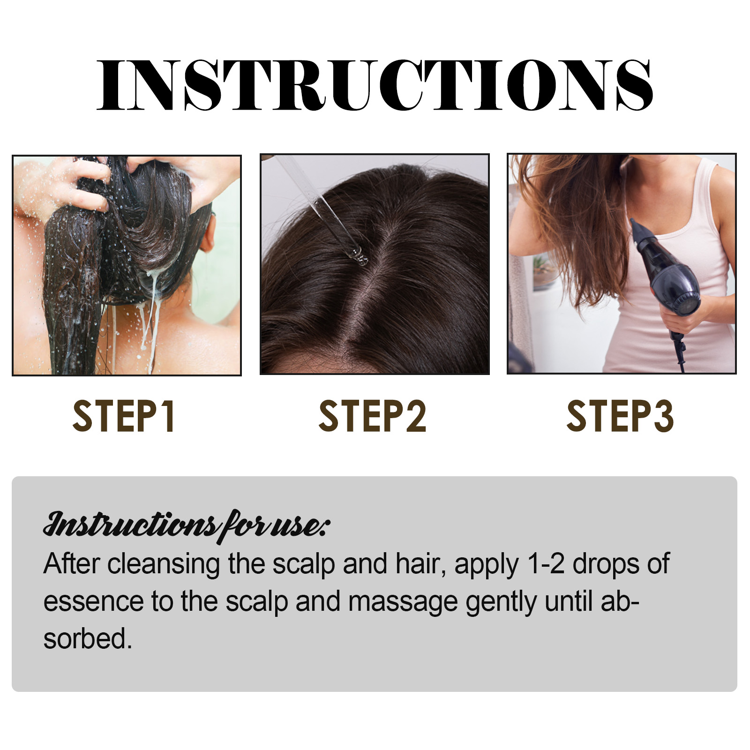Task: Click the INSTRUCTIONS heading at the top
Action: click(x=375, y=85)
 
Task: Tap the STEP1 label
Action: click(x=124, y=416)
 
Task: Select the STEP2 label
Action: click(x=373, y=416)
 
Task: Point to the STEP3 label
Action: click(x=620, y=416)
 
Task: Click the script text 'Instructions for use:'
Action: click(x=187, y=526)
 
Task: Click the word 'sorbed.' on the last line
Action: click(x=88, y=639)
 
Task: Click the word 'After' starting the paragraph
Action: click(x=71, y=563)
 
